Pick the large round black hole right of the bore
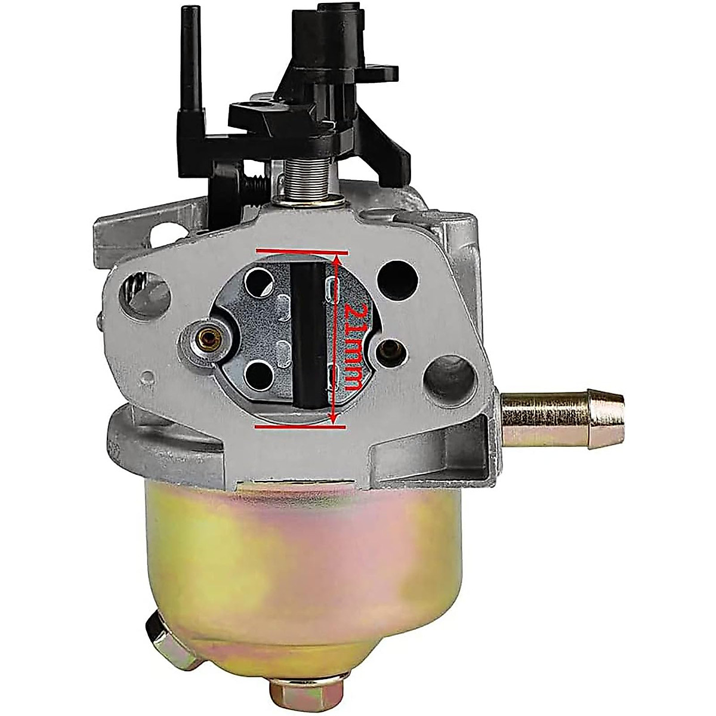coord(396,280)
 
